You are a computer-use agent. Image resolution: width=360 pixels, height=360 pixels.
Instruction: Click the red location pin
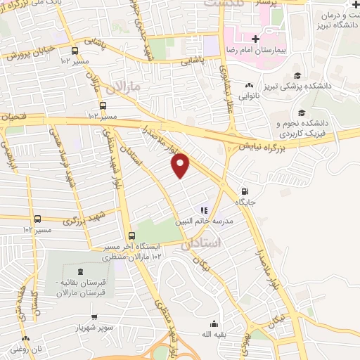click(x=181, y=165)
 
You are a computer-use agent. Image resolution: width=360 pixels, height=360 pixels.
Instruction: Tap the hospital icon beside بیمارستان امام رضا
click(x=256, y=40)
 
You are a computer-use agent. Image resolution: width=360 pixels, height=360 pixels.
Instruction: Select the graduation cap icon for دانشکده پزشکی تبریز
click(x=298, y=75)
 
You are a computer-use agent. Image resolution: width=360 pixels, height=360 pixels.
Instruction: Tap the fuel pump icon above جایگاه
click(x=244, y=191)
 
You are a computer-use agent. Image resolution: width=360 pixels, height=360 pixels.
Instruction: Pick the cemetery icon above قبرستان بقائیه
click(x=78, y=271)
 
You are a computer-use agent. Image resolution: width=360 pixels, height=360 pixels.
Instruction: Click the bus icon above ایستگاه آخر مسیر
click(x=131, y=236)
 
